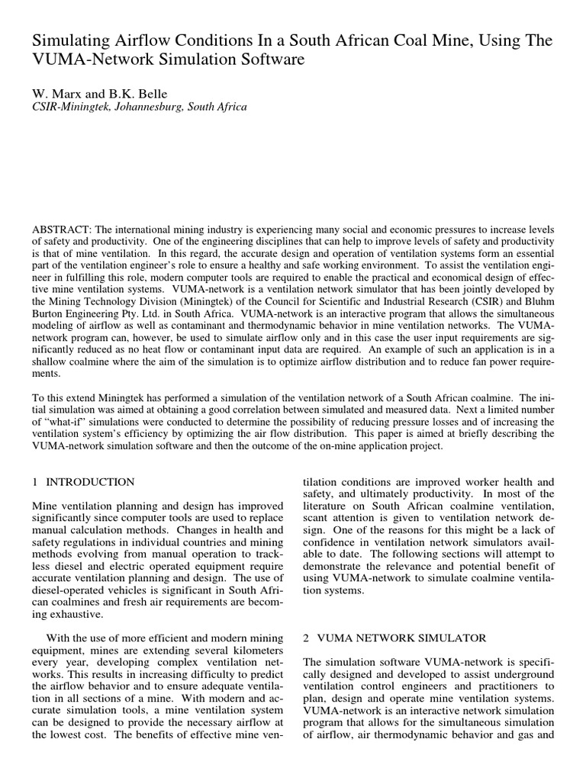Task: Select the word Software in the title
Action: (270, 59)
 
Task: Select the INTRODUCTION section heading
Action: (90, 482)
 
